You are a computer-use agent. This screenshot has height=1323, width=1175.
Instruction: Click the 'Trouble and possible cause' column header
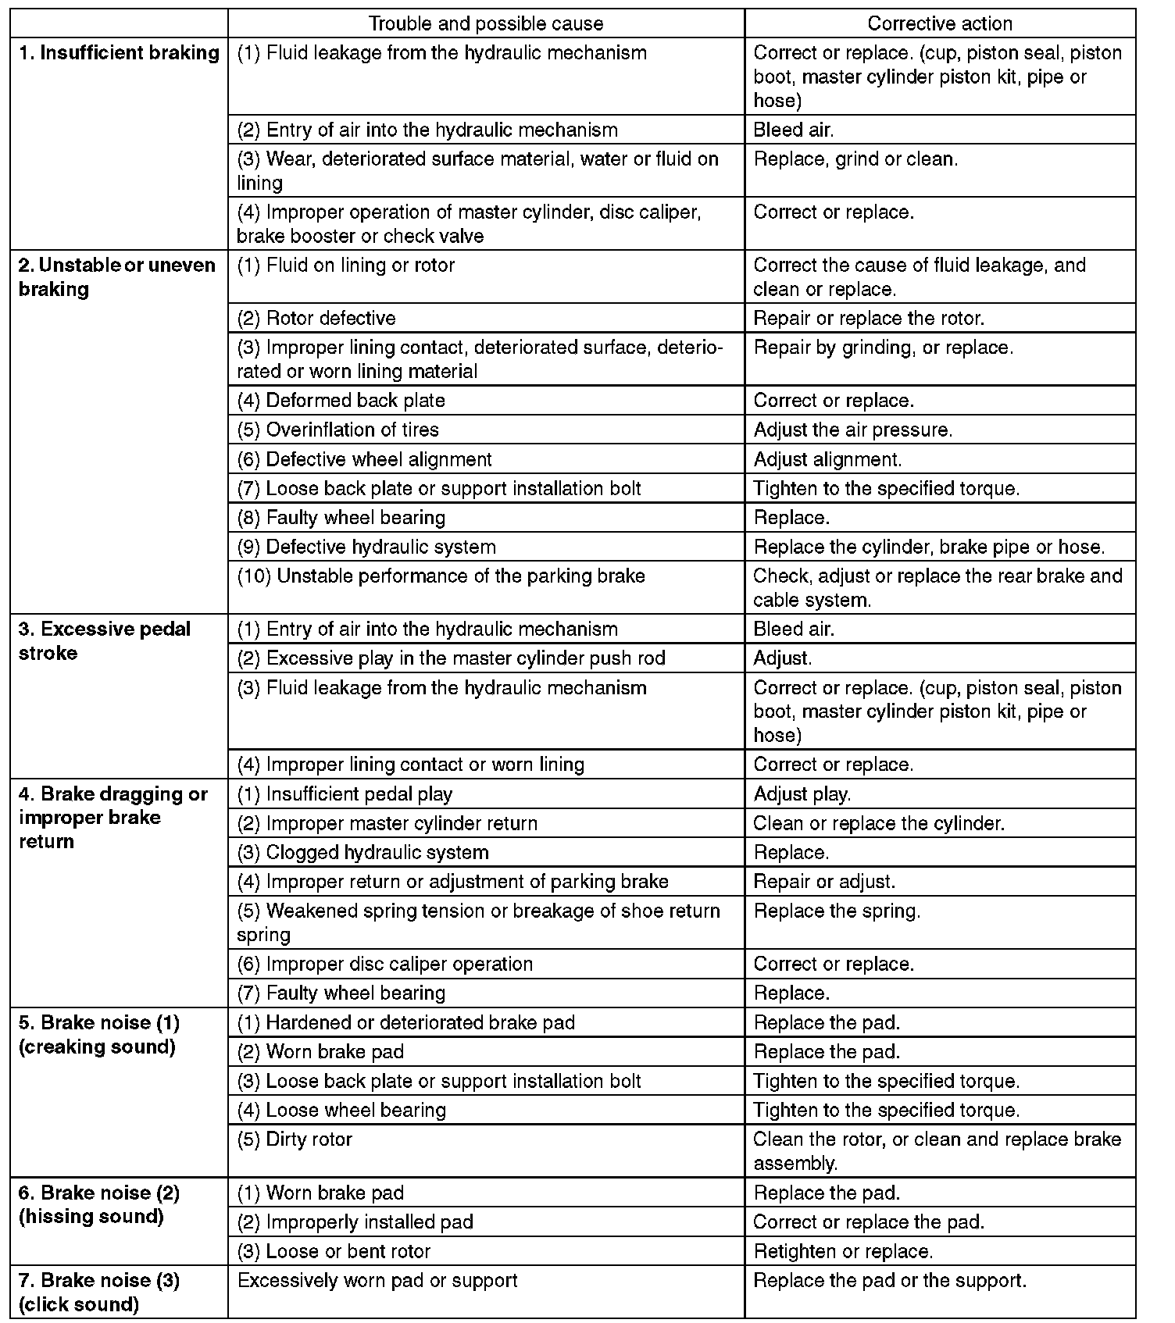[485, 23]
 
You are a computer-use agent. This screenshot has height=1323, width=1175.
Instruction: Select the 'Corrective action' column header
[939, 23]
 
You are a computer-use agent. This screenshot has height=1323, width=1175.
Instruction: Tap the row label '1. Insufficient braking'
[119, 53]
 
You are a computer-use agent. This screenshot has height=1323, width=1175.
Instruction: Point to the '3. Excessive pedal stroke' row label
[105, 640]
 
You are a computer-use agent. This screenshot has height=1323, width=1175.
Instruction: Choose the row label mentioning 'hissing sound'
[99, 1204]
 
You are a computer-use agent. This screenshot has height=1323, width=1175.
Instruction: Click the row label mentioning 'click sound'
[99, 1292]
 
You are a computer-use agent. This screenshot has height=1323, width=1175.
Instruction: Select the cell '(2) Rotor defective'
[316, 318]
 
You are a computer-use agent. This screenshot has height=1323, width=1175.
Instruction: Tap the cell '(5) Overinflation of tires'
[337, 430]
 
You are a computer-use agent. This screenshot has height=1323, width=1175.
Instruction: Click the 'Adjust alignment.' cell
[827, 459]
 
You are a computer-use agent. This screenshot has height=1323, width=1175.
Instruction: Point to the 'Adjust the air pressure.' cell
[852, 430]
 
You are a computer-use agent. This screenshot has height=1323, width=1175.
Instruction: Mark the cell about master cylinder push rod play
[451, 658]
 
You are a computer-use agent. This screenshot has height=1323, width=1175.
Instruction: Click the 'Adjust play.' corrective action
[802, 794]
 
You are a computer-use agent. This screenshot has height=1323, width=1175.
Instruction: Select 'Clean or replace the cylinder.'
[878, 823]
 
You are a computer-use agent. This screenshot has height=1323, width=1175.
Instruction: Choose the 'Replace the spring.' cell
[837, 911]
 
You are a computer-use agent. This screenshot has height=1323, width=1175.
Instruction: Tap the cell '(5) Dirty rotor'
[295, 1139]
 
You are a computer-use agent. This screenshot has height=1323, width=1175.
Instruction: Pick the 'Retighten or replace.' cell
[843, 1251]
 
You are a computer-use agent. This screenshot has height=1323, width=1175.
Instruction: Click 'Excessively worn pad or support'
[377, 1281]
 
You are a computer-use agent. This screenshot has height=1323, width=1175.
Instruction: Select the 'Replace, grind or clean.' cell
[855, 159]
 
